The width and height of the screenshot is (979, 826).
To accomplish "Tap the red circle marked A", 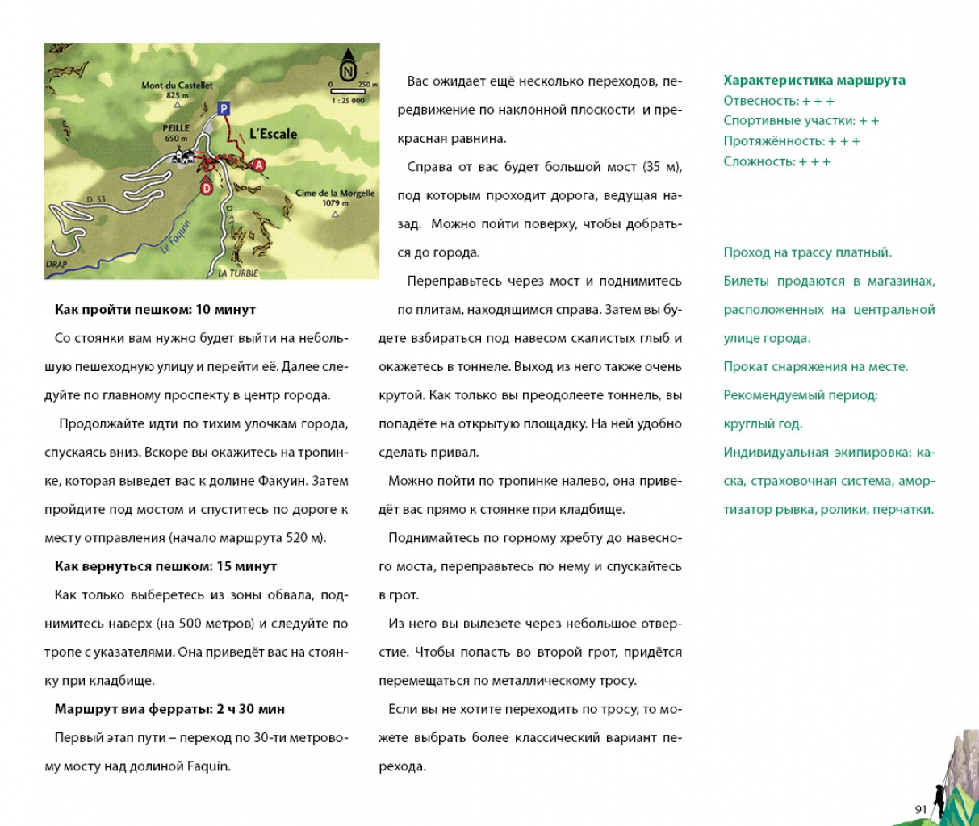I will tap(259, 165).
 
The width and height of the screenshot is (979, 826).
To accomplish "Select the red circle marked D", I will tap(206, 188).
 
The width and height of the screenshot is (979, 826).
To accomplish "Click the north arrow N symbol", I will tap(348, 69).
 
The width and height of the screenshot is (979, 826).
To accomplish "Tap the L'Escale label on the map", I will tap(273, 134).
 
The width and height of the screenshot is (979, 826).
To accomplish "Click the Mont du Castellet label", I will tap(177, 86).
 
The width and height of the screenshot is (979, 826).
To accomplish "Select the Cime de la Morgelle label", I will tap(335, 194).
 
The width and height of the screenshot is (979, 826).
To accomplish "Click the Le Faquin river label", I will tap(175, 237).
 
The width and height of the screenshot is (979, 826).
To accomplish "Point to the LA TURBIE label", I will tap(238, 273).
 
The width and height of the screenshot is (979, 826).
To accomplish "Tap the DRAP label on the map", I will tap(56, 265).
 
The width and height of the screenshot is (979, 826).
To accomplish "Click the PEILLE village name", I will tap(176, 128).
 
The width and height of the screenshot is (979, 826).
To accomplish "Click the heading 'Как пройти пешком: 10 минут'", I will tap(155, 310).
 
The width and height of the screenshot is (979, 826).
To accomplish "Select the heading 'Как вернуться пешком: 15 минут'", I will tap(165, 566).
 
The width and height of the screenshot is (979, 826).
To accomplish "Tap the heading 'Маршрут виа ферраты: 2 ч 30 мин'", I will tap(169, 709).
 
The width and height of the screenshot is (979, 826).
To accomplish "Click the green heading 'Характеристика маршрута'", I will tap(814, 81).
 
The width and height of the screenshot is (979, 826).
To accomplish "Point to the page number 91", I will tap(921, 809).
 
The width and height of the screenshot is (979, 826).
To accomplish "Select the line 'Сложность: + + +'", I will tap(776, 161).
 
